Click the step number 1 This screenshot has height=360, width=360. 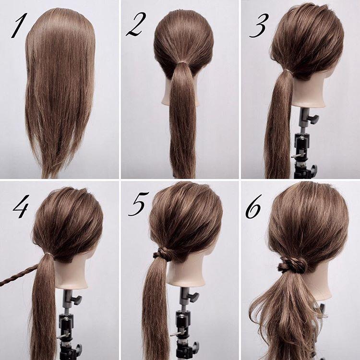pos(20,25)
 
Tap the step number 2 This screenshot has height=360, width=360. pos(136,24)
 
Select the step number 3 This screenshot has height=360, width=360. pos(259,25)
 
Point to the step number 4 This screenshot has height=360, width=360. pos(21,206)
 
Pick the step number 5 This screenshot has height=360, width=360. pos(139,204)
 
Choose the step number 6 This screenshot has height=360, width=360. pos(253,206)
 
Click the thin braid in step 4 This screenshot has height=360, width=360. pos(18,276)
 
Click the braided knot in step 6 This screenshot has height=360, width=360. pos(293,265)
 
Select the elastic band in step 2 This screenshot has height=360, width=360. pos(182,62)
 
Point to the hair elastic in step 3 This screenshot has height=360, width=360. pos(288,71)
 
